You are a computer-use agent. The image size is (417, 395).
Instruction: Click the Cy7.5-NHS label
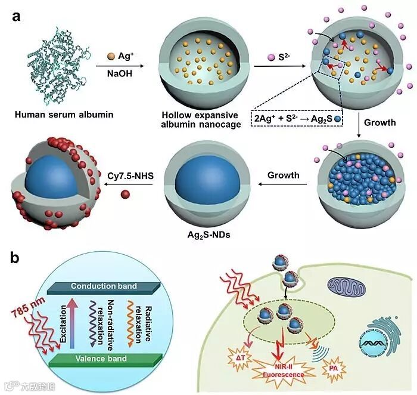point(129,176)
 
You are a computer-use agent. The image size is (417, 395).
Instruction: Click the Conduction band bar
point(104,286)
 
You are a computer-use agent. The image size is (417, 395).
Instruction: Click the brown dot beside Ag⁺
point(110,57)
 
